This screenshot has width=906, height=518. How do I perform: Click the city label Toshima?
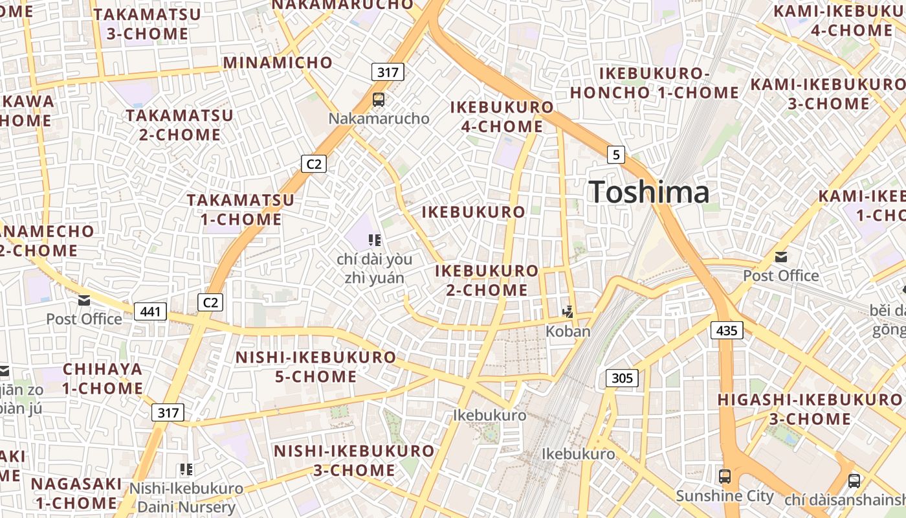(x=648, y=193)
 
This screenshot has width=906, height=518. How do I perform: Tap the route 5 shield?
(x=616, y=154)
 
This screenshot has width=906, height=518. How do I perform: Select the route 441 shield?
(x=150, y=311)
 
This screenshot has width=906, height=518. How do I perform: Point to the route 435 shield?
(x=727, y=330)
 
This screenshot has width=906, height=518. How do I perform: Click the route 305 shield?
(x=622, y=378)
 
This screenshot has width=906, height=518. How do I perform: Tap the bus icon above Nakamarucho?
(x=379, y=100)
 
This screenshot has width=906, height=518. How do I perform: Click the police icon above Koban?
(x=568, y=312)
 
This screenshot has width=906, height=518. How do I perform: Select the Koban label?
(x=568, y=332)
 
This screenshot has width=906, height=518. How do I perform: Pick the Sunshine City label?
(x=725, y=496)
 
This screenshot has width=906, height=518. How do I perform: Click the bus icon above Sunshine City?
(x=725, y=477)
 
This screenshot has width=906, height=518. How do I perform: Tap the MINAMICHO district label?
(x=278, y=63)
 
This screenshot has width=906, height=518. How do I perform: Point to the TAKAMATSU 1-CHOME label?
(x=241, y=210)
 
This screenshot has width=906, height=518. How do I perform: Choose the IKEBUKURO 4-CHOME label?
(x=502, y=117)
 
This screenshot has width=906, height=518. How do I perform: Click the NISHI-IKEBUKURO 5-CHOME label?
(x=316, y=366)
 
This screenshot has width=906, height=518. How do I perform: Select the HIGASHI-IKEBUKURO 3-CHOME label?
(x=810, y=409)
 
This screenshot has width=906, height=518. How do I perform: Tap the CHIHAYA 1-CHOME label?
(x=103, y=379)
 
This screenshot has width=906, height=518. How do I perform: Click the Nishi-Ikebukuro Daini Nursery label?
(x=186, y=498)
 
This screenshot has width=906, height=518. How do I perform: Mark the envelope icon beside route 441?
(x=84, y=300)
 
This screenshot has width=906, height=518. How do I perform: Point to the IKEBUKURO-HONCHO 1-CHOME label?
(x=654, y=83)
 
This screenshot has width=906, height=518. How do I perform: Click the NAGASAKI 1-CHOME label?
(x=76, y=493)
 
